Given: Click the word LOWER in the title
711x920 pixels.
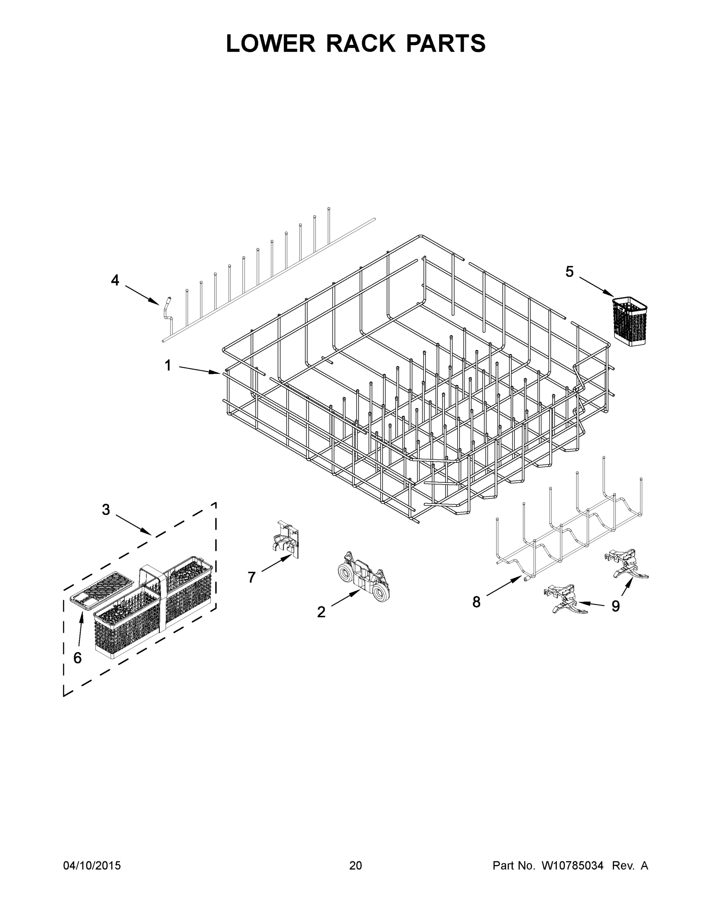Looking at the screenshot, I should [x=271, y=43].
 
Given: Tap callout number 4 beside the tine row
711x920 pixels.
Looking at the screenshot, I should [x=115, y=280].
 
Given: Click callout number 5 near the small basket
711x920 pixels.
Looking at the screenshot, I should [x=569, y=272].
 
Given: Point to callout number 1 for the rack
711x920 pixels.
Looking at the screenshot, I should [x=167, y=365].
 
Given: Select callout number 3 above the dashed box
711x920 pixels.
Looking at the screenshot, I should [x=106, y=510].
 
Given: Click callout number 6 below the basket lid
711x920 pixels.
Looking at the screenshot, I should [x=77, y=657].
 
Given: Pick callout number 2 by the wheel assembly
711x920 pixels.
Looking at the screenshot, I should [x=321, y=612].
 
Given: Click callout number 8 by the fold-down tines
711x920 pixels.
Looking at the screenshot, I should [x=476, y=602].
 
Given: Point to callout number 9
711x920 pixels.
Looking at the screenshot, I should [x=616, y=606].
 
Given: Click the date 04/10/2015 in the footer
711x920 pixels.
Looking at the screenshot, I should [x=92, y=866].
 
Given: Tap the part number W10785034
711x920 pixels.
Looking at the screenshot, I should [x=572, y=866].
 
